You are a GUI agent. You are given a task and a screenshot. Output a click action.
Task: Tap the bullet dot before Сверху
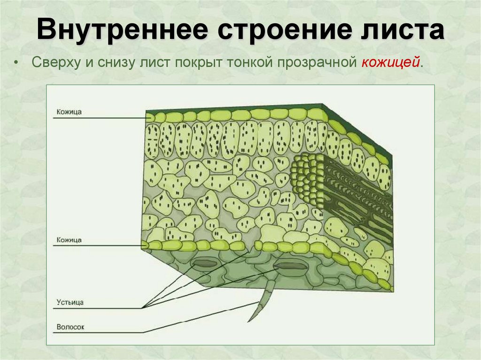point(17,63)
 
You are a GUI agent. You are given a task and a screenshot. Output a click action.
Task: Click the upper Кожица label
point(69,113)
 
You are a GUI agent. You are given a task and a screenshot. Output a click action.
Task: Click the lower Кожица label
point(69,240)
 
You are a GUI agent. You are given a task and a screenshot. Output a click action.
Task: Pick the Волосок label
point(70,327)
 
